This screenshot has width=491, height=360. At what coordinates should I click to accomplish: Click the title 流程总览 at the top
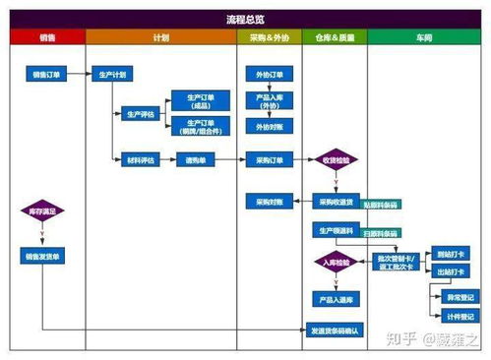245,20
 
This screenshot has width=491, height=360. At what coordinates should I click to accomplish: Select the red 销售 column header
47,37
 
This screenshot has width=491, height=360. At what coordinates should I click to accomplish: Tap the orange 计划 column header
161,37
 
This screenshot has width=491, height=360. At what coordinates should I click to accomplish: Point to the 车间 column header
424,37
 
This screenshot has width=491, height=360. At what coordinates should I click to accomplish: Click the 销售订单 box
47,74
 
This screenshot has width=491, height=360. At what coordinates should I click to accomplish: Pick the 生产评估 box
141,114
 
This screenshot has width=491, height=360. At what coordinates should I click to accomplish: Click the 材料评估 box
141,159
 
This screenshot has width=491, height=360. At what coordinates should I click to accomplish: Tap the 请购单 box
195,159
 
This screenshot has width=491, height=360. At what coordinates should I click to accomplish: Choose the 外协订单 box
270,74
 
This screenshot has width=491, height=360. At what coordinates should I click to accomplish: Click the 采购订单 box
270,159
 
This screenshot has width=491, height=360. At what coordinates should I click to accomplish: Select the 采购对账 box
270,202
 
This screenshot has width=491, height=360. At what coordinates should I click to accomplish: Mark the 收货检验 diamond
336,159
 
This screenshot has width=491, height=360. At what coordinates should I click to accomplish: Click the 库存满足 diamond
41,211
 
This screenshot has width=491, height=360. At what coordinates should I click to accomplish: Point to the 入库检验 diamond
336,263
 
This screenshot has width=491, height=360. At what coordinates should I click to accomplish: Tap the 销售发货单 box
41,256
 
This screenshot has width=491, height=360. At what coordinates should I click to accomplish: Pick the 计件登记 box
460,317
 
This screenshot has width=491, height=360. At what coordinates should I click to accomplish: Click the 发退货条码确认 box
336,330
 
